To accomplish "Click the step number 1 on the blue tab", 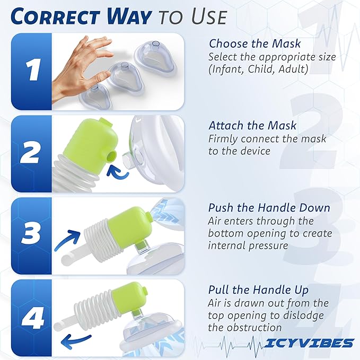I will point(31,71).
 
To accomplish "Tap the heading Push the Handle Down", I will point(269,207).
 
